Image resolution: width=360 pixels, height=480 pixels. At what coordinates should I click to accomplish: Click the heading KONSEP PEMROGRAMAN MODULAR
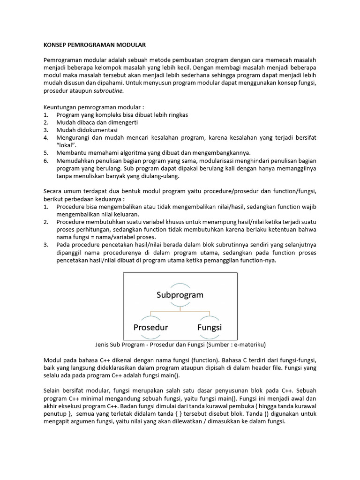click(95, 45)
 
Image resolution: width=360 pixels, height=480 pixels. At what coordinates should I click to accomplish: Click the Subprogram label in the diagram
click(180, 295)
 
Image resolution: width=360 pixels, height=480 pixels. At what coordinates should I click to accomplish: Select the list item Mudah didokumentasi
click(87, 130)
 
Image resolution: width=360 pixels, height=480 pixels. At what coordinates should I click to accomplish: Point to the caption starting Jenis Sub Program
click(180, 345)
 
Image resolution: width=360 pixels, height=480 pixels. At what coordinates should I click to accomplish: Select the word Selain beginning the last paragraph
click(53, 390)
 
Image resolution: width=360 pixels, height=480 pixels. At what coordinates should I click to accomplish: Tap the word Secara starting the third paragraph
click(54, 191)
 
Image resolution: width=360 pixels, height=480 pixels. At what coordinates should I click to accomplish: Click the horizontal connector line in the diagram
click(180, 310)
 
